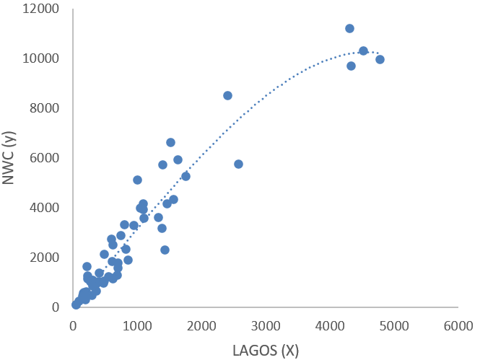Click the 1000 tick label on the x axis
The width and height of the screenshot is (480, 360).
point(137,326)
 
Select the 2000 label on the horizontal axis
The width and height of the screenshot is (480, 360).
point(201,326)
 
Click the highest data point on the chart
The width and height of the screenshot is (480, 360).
point(349,28)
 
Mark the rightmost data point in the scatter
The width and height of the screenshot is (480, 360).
point(380,59)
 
